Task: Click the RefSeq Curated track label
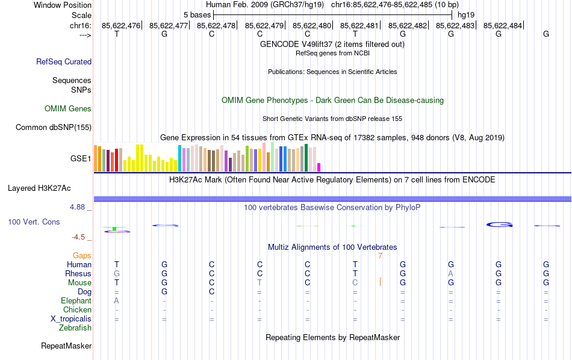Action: coord(64,61)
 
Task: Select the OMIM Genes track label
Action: coord(68,109)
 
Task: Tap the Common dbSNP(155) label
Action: coord(54,127)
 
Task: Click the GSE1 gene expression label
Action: coord(81,159)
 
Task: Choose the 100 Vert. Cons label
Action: coord(34,222)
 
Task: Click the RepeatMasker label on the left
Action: coord(66,346)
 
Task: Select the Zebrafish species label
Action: coord(75,328)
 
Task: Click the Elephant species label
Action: coord(76,301)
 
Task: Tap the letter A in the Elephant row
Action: coord(117,301)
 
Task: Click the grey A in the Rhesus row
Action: coord(450,274)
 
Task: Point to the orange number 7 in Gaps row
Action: coord(380,256)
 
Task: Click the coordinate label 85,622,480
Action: coord(312,25)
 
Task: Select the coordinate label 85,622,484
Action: coord(503,25)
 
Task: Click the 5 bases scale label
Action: coord(197,14)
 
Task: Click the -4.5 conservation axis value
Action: coord(78,237)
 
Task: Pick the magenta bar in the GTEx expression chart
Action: coord(319,167)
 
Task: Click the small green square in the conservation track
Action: coord(114,229)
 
